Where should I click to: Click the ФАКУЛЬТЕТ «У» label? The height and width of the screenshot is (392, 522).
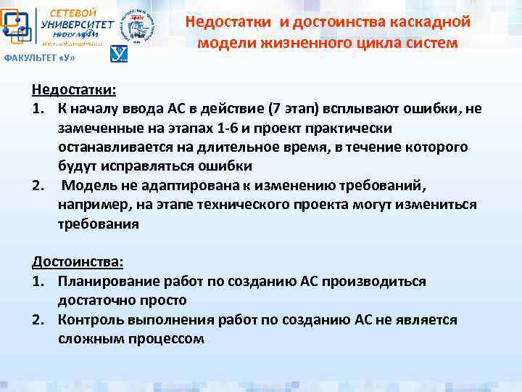click(x=39, y=57)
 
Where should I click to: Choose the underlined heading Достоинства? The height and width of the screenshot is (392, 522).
click(x=78, y=261)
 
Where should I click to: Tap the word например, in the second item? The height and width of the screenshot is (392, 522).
click(x=91, y=205)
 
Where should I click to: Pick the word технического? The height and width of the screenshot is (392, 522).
click(x=226, y=205)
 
